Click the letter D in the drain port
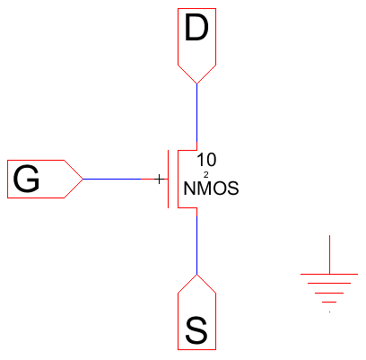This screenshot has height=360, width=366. [196, 30]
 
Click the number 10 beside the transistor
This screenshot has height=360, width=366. [206, 158]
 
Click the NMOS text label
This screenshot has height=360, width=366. [211, 189]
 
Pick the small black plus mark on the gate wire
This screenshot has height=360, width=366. [160, 179]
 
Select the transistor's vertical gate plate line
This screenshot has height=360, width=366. [168, 179]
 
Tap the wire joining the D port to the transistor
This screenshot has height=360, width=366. [196, 117]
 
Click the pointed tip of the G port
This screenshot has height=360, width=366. [83, 179]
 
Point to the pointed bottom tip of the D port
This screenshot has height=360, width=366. [196, 83]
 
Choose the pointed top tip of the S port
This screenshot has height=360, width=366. [196, 274]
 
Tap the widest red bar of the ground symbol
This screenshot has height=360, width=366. [331, 282]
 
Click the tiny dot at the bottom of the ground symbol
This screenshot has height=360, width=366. [331, 312]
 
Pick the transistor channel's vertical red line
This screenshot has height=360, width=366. [179, 179]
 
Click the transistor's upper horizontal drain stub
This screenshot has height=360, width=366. [187, 150]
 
